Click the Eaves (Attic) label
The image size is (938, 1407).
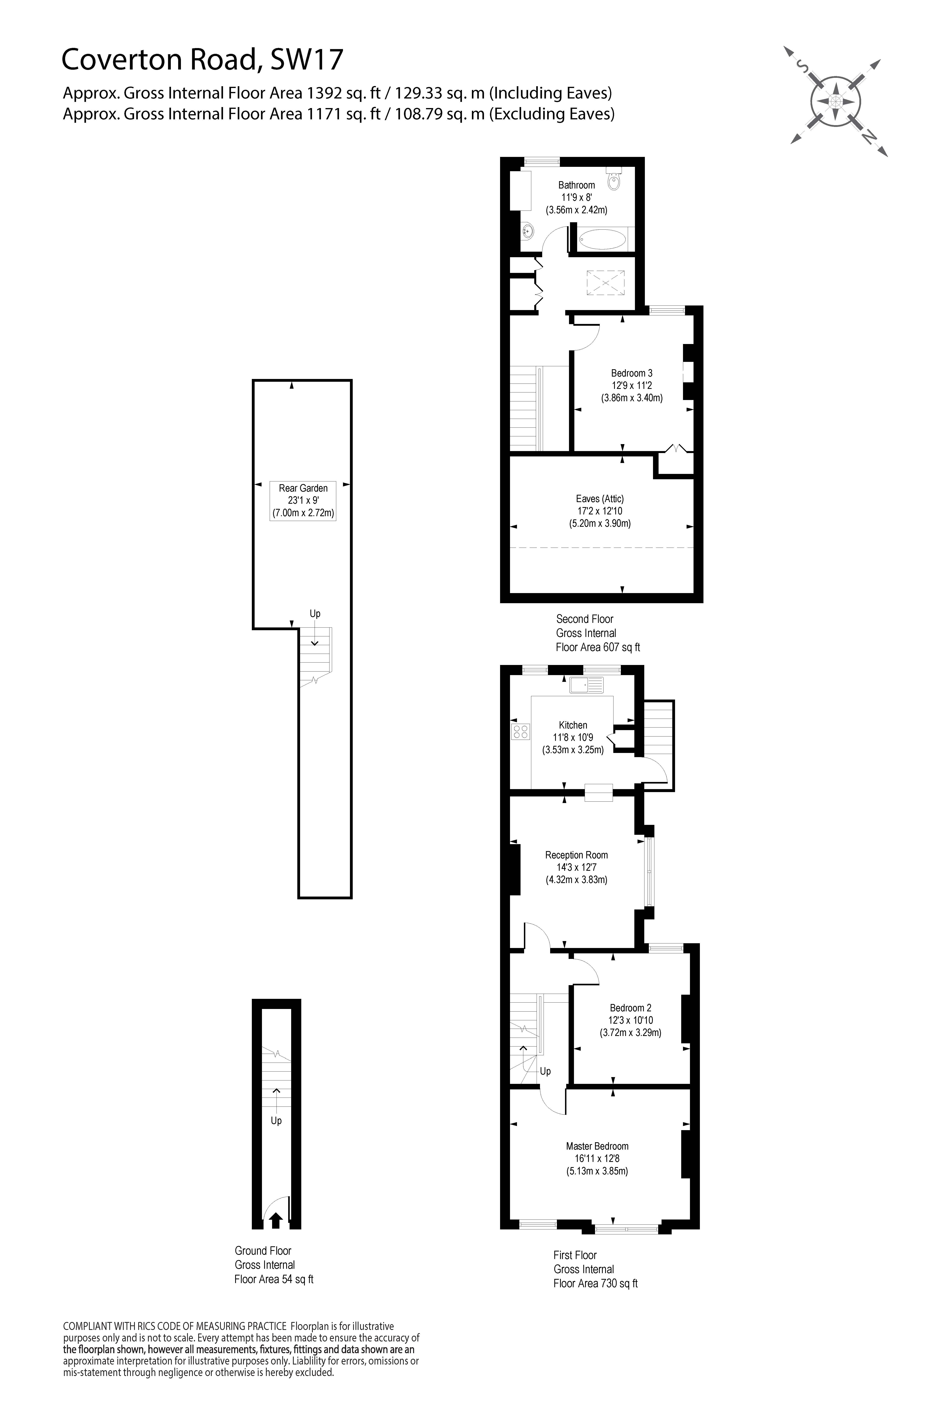tap(600, 511)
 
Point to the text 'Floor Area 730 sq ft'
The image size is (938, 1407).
tap(596, 1283)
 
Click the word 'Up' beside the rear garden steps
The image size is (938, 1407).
tap(315, 614)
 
